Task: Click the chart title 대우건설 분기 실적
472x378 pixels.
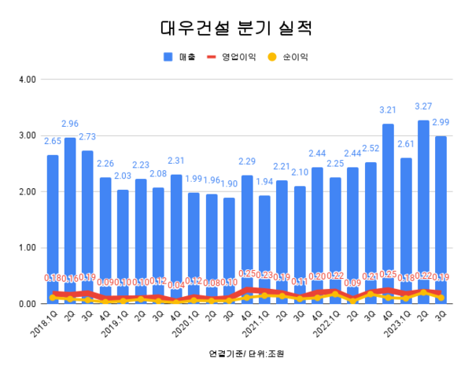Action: (x=236, y=30)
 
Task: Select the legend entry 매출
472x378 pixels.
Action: (x=181, y=57)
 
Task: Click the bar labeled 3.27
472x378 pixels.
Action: (x=423, y=212)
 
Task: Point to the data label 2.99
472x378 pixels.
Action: (x=441, y=122)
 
